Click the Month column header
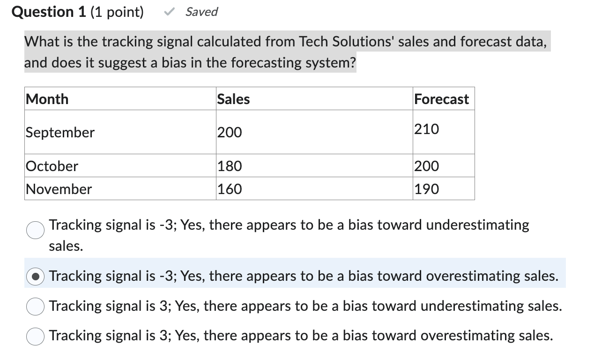[x=47, y=99]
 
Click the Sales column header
[x=233, y=99]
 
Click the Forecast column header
[x=441, y=99]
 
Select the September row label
[x=60, y=132]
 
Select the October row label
[x=52, y=166]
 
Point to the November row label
[x=59, y=189]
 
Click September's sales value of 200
[x=230, y=133]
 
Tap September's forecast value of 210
[x=427, y=129]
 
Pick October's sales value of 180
[x=230, y=166]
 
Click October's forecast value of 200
[x=427, y=166]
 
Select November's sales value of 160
[x=230, y=189]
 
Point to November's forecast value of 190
[x=427, y=189]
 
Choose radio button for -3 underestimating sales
[x=35, y=230]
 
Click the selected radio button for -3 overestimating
[x=35, y=276]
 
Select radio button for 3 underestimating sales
[x=35, y=307]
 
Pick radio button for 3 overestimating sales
[x=35, y=337]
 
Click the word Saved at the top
[x=201, y=12]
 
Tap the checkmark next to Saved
[x=170, y=12]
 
